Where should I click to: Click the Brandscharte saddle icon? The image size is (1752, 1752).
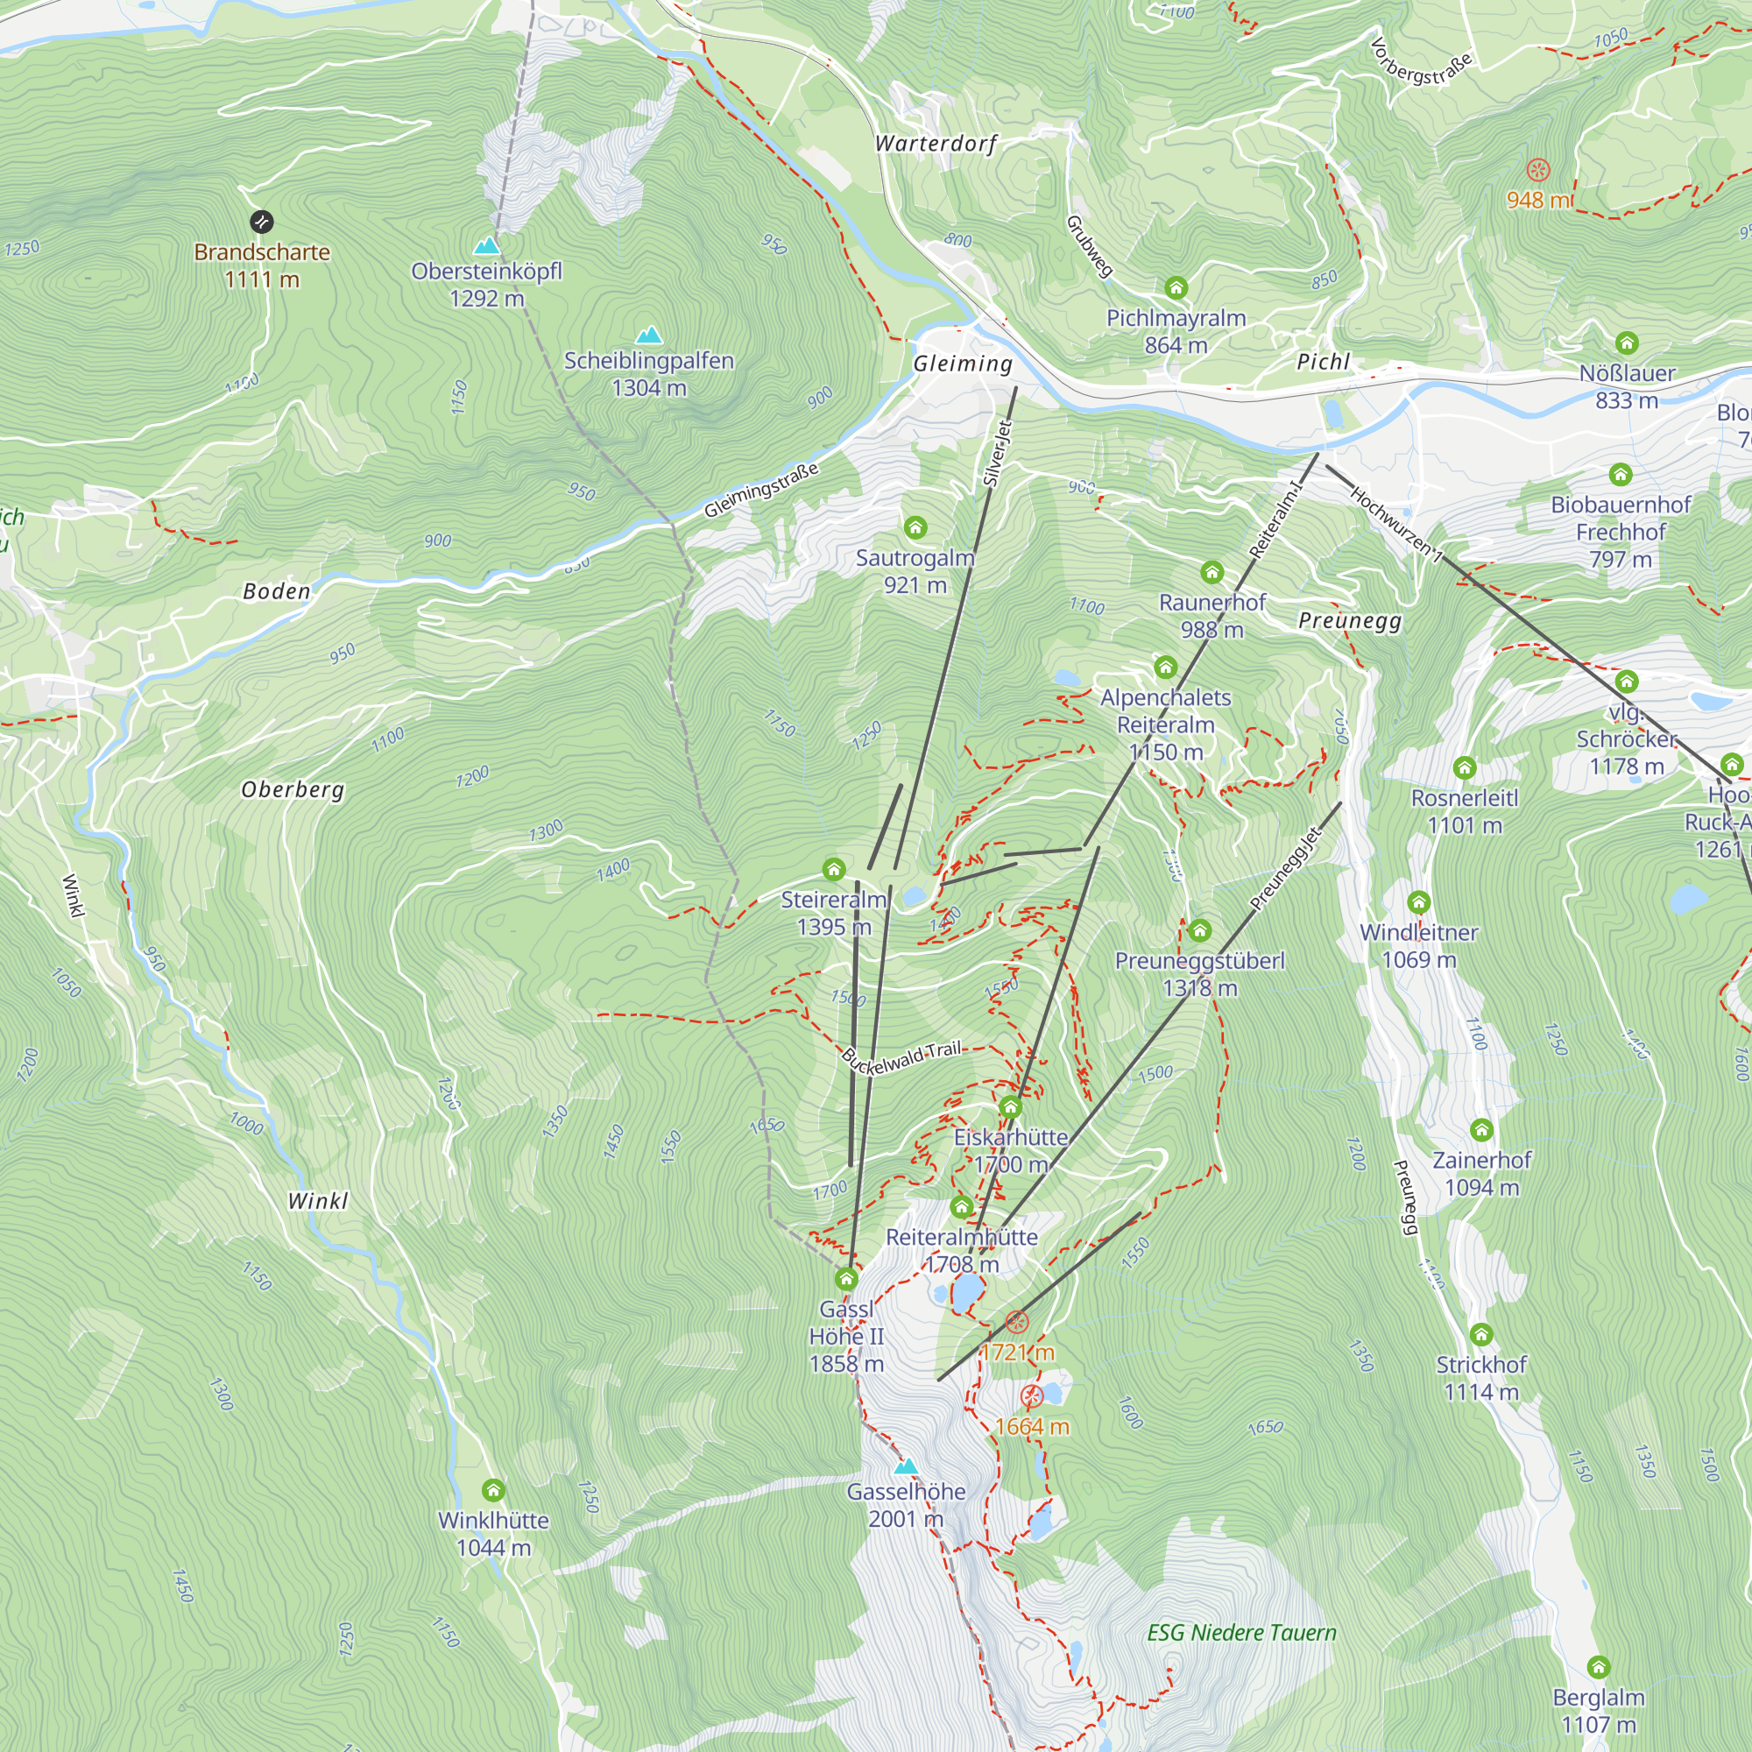[x=261, y=222]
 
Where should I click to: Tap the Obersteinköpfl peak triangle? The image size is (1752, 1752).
[x=487, y=246]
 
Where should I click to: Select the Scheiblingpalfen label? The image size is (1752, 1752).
[x=648, y=361]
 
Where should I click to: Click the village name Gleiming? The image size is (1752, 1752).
[x=962, y=364]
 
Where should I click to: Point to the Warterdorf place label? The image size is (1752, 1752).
[x=936, y=144]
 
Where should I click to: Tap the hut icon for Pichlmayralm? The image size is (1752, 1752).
[x=1176, y=288]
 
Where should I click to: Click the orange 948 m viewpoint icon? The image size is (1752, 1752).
[x=1538, y=170]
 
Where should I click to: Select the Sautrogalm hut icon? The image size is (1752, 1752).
[x=915, y=526]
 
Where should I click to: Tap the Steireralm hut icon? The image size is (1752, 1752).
[x=833, y=870]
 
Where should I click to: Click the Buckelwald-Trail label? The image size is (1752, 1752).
[x=901, y=1057]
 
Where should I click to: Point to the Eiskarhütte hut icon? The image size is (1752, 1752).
[x=1010, y=1107]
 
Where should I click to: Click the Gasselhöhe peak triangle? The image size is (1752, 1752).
[x=905, y=1466]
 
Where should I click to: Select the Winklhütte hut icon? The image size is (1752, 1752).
[x=493, y=1490]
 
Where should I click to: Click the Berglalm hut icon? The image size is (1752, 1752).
[x=1598, y=1667]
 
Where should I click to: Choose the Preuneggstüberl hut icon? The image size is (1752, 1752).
[x=1200, y=930]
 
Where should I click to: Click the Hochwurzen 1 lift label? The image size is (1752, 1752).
[x=1395, y=524]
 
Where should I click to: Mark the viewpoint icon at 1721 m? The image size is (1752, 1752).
[x=1017, y=1322]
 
